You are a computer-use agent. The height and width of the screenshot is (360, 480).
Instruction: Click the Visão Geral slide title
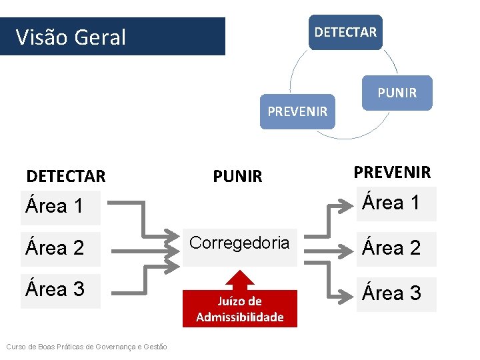(x=71, y=37)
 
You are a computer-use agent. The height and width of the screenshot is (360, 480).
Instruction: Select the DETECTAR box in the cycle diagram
(x=345, y=32)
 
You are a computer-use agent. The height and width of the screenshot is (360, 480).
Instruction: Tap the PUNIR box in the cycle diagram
(x=397, y=93)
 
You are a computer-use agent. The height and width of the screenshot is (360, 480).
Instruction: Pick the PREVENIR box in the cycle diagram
(x=297, y=111)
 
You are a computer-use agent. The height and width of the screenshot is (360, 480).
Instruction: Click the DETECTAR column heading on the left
(x=66, y=177)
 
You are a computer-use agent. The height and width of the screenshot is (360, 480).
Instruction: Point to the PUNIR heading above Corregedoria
(x=238, y=177)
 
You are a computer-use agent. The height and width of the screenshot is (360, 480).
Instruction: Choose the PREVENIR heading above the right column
(x=392, y=173)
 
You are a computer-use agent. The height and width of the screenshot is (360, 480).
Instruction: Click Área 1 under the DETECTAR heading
(x=55, y=207)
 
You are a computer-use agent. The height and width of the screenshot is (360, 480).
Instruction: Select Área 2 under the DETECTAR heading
(x=55, y=248)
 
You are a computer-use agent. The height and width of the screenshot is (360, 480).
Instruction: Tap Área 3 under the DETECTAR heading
(x=55, y=289)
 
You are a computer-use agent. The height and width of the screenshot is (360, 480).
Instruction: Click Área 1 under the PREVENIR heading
(x=391, y=203)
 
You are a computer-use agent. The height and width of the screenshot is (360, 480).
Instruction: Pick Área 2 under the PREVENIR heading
(x=391, y=248)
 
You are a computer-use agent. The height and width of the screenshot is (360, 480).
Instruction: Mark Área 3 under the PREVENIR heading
(x=391, y=293)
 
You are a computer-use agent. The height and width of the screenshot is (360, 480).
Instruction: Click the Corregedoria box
(x=240, y=243)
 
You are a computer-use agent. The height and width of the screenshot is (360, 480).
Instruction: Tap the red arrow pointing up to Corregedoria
(x=240, y=279)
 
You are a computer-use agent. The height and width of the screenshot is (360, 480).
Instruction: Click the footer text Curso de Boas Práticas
(x=87, y=346)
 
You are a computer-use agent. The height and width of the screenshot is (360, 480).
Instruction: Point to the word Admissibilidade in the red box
(x=240, y=317)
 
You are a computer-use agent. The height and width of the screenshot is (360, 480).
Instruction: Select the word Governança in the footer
(x=117, y=346)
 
